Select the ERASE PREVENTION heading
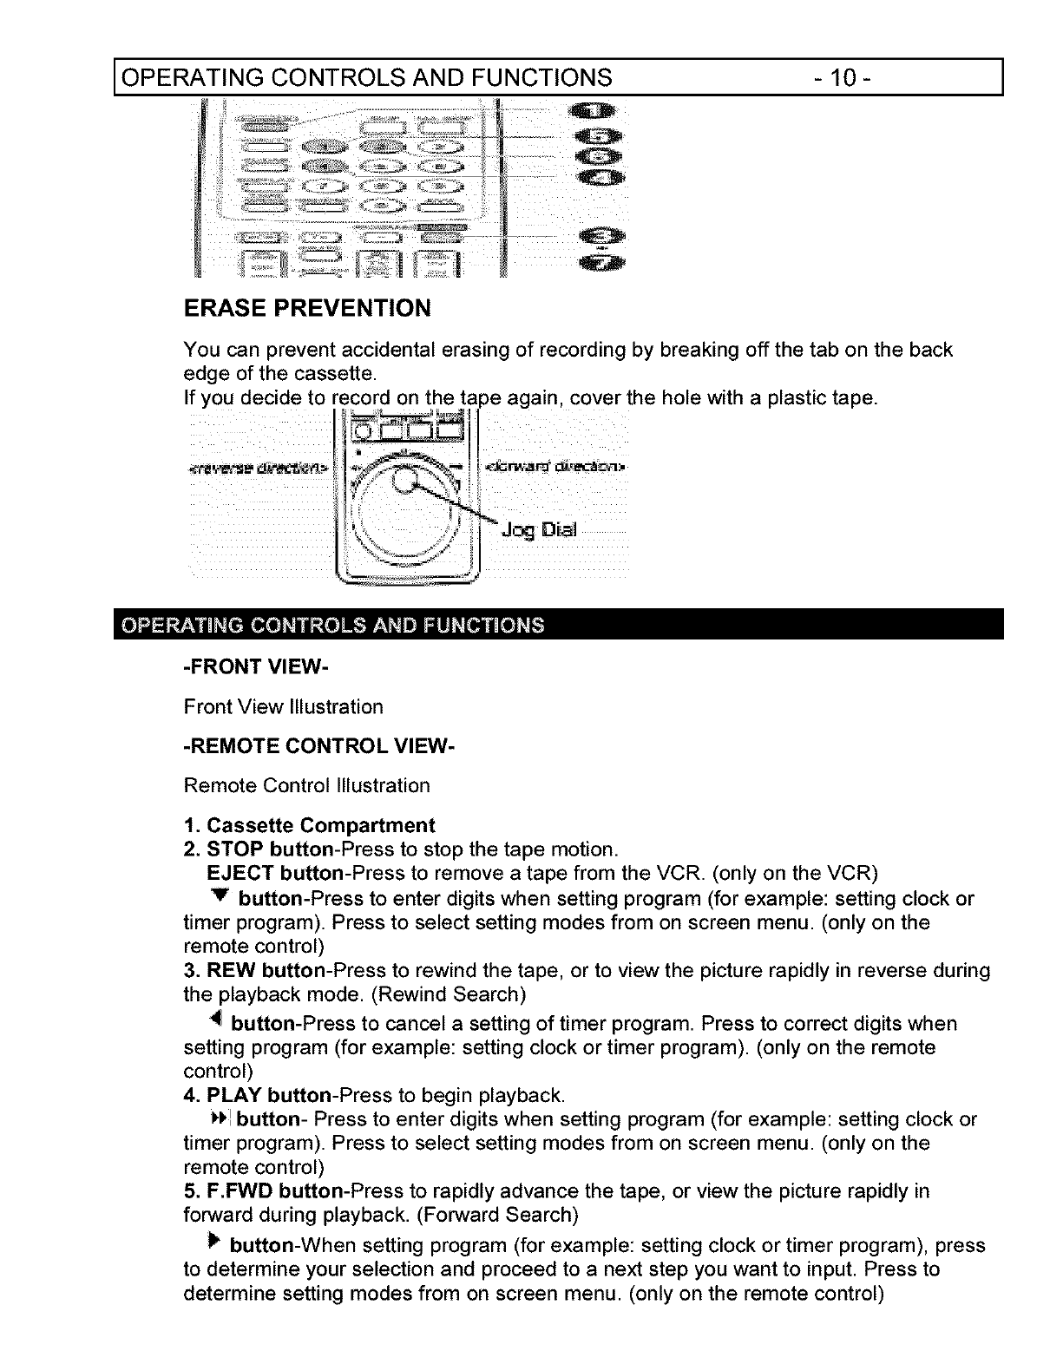(x=306, y=308)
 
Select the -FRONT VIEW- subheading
(x=244, y=666)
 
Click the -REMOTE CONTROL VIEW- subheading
(x=318, y=746)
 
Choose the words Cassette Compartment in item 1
(x=320, y=824)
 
